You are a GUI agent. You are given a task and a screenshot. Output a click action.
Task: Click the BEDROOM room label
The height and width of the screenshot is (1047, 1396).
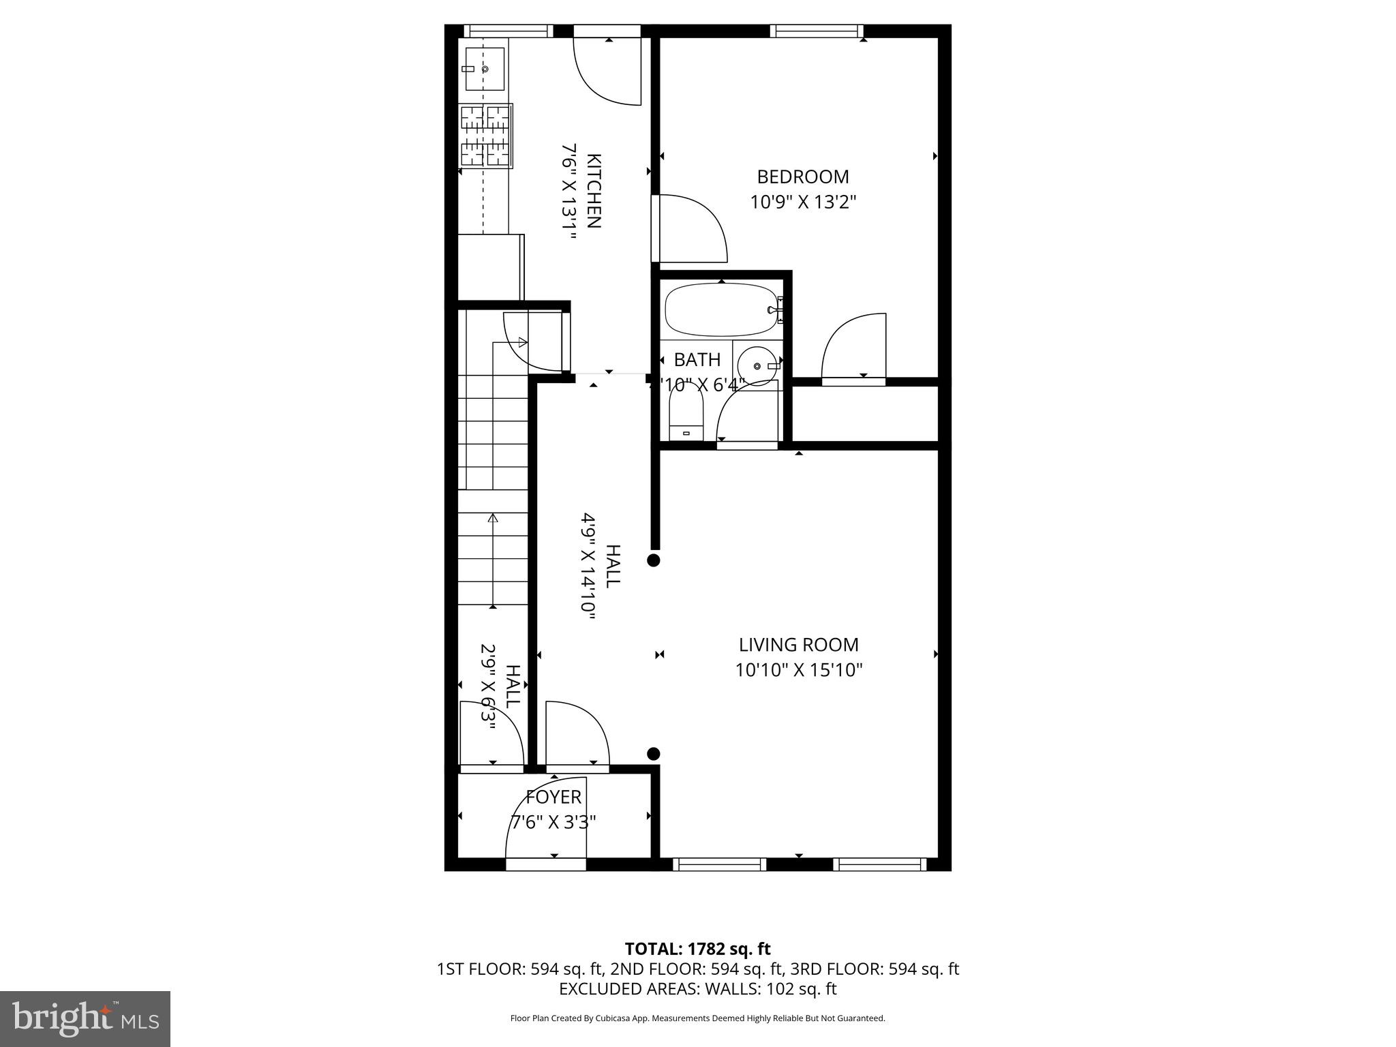coord(802,177)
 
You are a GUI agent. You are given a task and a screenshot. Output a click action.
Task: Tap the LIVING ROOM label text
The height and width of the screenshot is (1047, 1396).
coord(798,645)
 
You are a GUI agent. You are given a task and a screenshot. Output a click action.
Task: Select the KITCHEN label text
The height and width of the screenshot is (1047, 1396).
coord(594,192)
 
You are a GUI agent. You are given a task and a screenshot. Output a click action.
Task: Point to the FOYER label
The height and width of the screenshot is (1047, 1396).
coord(553,797)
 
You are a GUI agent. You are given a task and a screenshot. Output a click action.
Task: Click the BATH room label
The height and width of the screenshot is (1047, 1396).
coord(697,360)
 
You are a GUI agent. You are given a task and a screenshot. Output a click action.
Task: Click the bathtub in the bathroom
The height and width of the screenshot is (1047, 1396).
coord(722,311)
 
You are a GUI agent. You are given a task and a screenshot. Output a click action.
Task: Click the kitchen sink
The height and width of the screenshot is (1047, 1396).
coord(485,69)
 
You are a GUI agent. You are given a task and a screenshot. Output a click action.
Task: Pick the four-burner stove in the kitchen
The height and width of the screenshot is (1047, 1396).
coord(485,136)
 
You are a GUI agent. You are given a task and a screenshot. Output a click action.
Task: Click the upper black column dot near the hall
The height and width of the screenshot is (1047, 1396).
coord(653,560)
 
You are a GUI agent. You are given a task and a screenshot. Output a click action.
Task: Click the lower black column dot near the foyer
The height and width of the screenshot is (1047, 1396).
coord(653,753)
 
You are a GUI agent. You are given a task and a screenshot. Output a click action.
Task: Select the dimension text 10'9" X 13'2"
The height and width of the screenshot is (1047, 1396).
coord(802,202)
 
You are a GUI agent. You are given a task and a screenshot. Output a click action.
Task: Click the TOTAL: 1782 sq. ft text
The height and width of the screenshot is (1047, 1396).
coord(697,949)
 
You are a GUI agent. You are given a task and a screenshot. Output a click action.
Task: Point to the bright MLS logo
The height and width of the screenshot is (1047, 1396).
coord(85,1018)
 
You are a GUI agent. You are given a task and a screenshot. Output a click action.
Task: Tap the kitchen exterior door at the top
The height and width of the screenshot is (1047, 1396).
coord(607,68)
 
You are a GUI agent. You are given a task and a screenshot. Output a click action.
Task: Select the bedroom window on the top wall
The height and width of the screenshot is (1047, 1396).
coord(816,31)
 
